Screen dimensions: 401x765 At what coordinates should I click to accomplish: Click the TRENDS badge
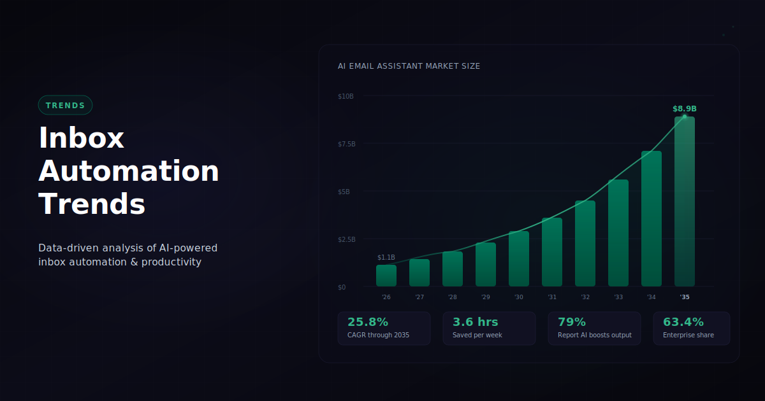coord(65,105)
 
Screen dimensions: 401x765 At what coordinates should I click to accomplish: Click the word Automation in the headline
coord(129,171)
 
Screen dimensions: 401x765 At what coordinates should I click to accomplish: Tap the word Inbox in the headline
coord(81,138)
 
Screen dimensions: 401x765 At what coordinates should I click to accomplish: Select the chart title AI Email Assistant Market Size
coord(409,66)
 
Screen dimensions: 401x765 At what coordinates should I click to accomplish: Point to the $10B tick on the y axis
coord(346,96)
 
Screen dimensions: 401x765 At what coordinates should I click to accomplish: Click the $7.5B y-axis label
coord(347,144)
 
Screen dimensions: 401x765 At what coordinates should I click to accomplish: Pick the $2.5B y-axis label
coord(347,239)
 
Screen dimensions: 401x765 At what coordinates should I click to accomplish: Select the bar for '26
coord(386,276)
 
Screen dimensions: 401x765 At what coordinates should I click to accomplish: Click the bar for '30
coord(519,259)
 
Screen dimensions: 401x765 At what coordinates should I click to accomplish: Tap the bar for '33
coord(618,233)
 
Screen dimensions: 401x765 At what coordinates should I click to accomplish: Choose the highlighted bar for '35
coord(685,202)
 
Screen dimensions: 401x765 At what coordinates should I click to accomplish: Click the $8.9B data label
coord(685,109)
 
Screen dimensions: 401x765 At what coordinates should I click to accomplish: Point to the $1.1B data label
coord(386,257)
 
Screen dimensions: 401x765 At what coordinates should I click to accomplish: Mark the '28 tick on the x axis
coord(453,297)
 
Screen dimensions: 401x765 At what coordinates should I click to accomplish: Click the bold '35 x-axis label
coord(685,297)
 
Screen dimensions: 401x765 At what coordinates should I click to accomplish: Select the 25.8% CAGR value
coord(368,322)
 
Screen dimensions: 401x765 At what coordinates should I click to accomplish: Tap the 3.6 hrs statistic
coord(476,322)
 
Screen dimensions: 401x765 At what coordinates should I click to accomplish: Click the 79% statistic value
coord(572,322)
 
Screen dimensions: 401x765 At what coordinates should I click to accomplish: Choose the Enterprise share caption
coord(688,335)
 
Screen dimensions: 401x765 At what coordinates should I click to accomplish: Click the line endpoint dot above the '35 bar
coord(685,116)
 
